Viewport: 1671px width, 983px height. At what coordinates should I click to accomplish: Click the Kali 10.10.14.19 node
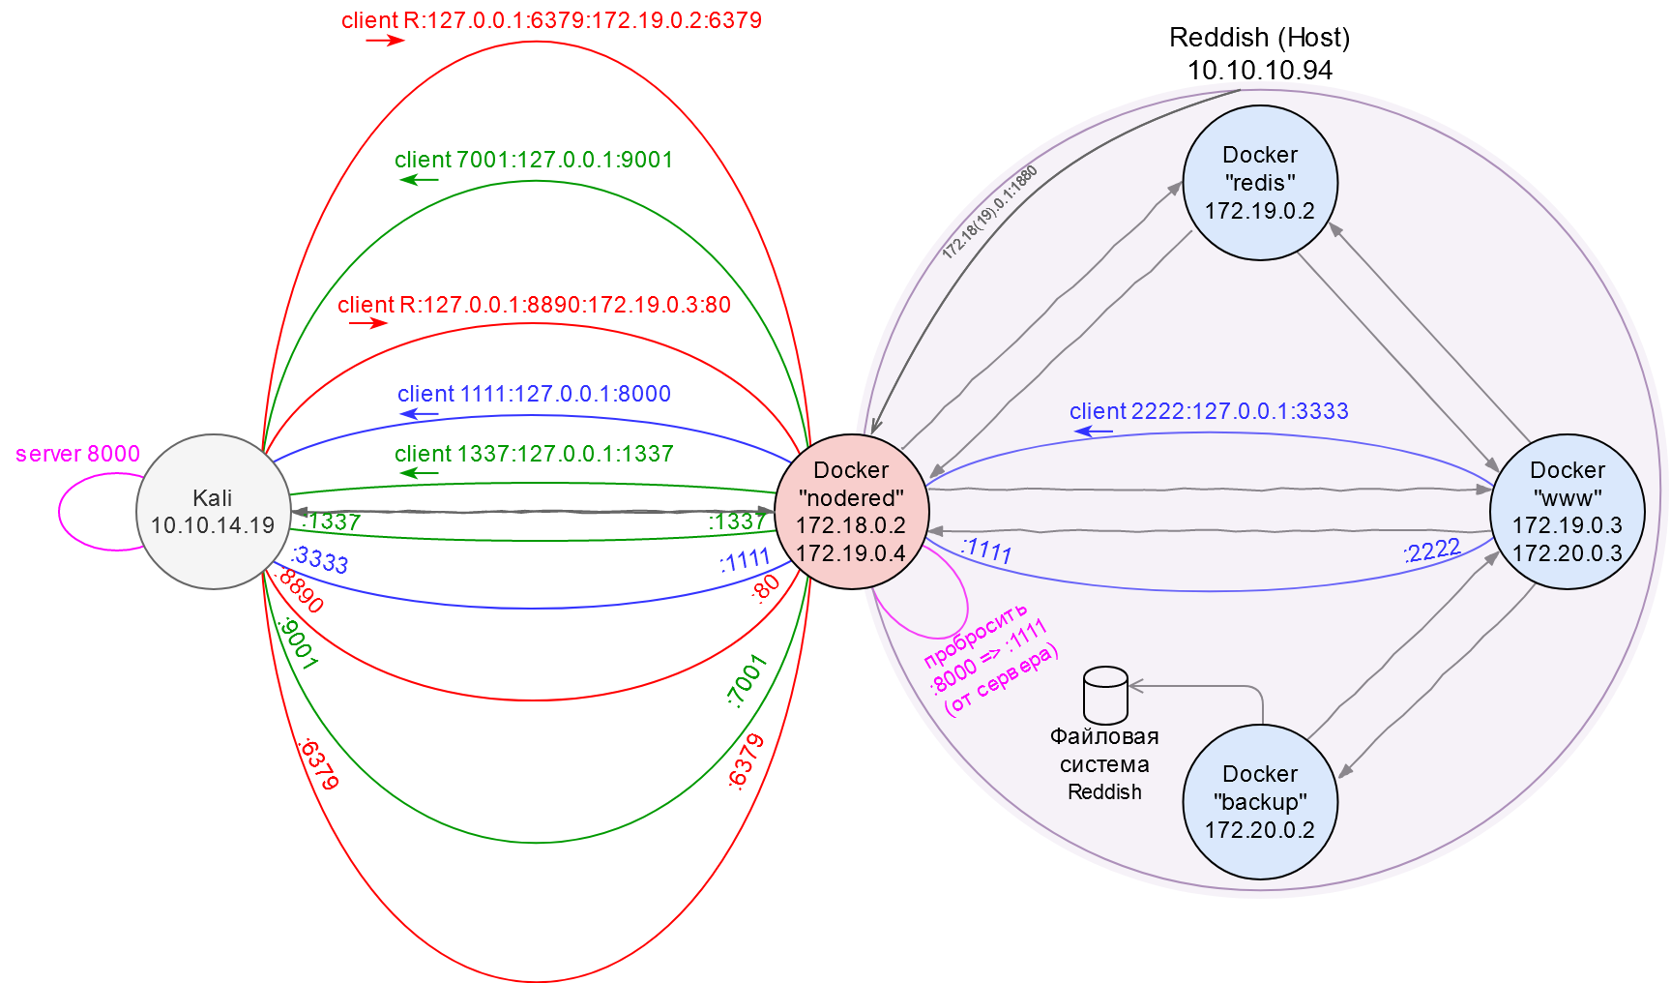[213, 512]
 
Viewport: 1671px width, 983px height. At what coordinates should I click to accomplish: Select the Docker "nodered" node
[851, 512]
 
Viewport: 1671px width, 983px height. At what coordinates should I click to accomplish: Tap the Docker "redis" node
[1259, 183]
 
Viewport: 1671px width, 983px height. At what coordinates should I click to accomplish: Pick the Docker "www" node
[1567, 512]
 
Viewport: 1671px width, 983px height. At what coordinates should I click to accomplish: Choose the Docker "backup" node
[1259, 802]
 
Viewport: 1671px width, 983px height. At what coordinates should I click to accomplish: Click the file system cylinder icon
[1105, 696]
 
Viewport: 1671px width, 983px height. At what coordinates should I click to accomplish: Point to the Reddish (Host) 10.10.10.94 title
[1259, 53]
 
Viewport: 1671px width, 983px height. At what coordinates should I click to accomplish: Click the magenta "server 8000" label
[77, 454]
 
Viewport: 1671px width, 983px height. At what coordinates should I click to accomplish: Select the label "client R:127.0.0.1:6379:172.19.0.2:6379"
[551, 20]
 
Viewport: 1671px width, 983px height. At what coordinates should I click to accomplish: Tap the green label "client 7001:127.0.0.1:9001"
[534, 160]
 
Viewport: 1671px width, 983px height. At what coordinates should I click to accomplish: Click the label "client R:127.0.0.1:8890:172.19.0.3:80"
[534, 305]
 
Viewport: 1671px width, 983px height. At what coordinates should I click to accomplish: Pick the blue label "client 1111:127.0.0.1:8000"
[534, 394]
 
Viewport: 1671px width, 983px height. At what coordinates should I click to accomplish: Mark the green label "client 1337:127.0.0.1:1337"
[534, 454]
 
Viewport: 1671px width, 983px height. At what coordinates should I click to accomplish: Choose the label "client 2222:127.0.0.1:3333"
[1209, 411]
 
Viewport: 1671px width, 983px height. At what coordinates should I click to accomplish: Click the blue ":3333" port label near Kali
[319, 559]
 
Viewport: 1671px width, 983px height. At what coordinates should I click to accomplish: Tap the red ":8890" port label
[299, 590]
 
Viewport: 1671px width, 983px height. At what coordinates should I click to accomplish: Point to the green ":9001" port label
[297, 644]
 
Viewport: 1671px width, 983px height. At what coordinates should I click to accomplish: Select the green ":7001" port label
[746, 681]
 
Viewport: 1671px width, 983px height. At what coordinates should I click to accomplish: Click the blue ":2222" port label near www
[1431, 551]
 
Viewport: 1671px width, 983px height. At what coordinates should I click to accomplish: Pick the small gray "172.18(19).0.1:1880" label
[989, 213]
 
